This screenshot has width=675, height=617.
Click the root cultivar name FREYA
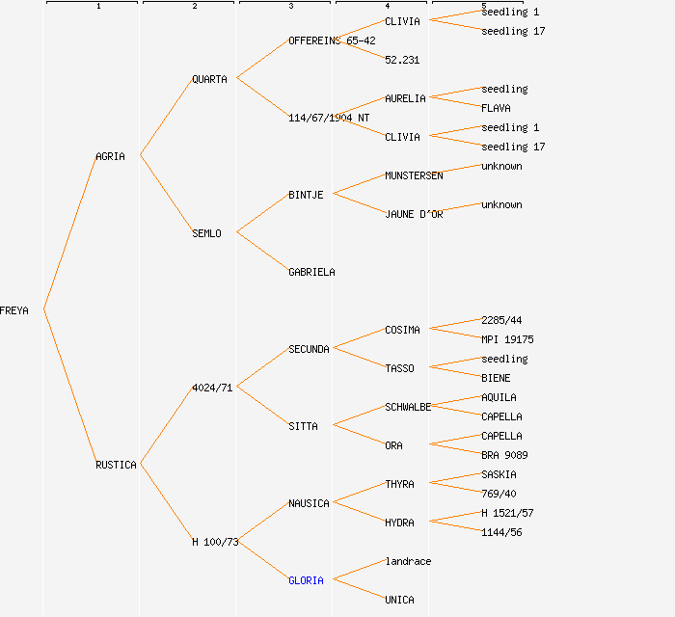click(x=14, y=310)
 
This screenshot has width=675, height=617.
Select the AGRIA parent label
click(x=110, y=156)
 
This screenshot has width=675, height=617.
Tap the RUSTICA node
click(x=116, y=465)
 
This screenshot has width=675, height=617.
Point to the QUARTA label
click(x=209, y=79)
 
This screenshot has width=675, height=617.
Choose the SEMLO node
click(x=206, y=233)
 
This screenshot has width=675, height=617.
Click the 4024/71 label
click(x=212, y=388)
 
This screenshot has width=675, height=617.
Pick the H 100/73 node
click(x=214, y=542)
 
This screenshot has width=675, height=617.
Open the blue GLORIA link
click(x=306, y=580)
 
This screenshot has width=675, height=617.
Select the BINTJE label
click(x=306, y=195)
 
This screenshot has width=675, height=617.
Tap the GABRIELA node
click(x=311, y=272)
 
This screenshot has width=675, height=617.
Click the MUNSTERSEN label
click(x=414, y=175)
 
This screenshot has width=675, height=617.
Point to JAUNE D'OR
click(x=414, y=214)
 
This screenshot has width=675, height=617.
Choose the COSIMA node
click(x=402, y=330)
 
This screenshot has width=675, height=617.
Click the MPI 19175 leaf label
click(x=507, y=339)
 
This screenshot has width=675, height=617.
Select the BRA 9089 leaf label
click(x=504, y=455)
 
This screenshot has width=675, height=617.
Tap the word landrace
click(x=408, y=561)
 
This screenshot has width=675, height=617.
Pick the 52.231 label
click(x=402, y=60)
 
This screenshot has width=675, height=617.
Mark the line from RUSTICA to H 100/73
click(x=166, y=503)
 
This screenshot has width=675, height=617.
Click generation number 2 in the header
click(x=194, y=7)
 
